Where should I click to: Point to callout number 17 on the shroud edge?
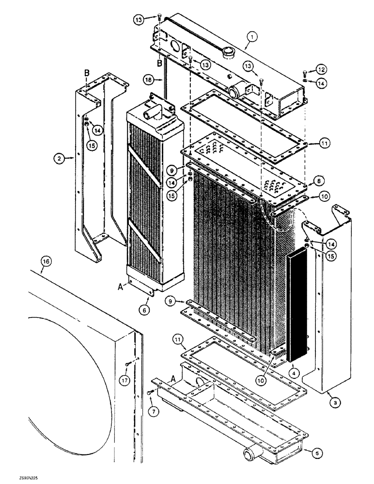[124, 381]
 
